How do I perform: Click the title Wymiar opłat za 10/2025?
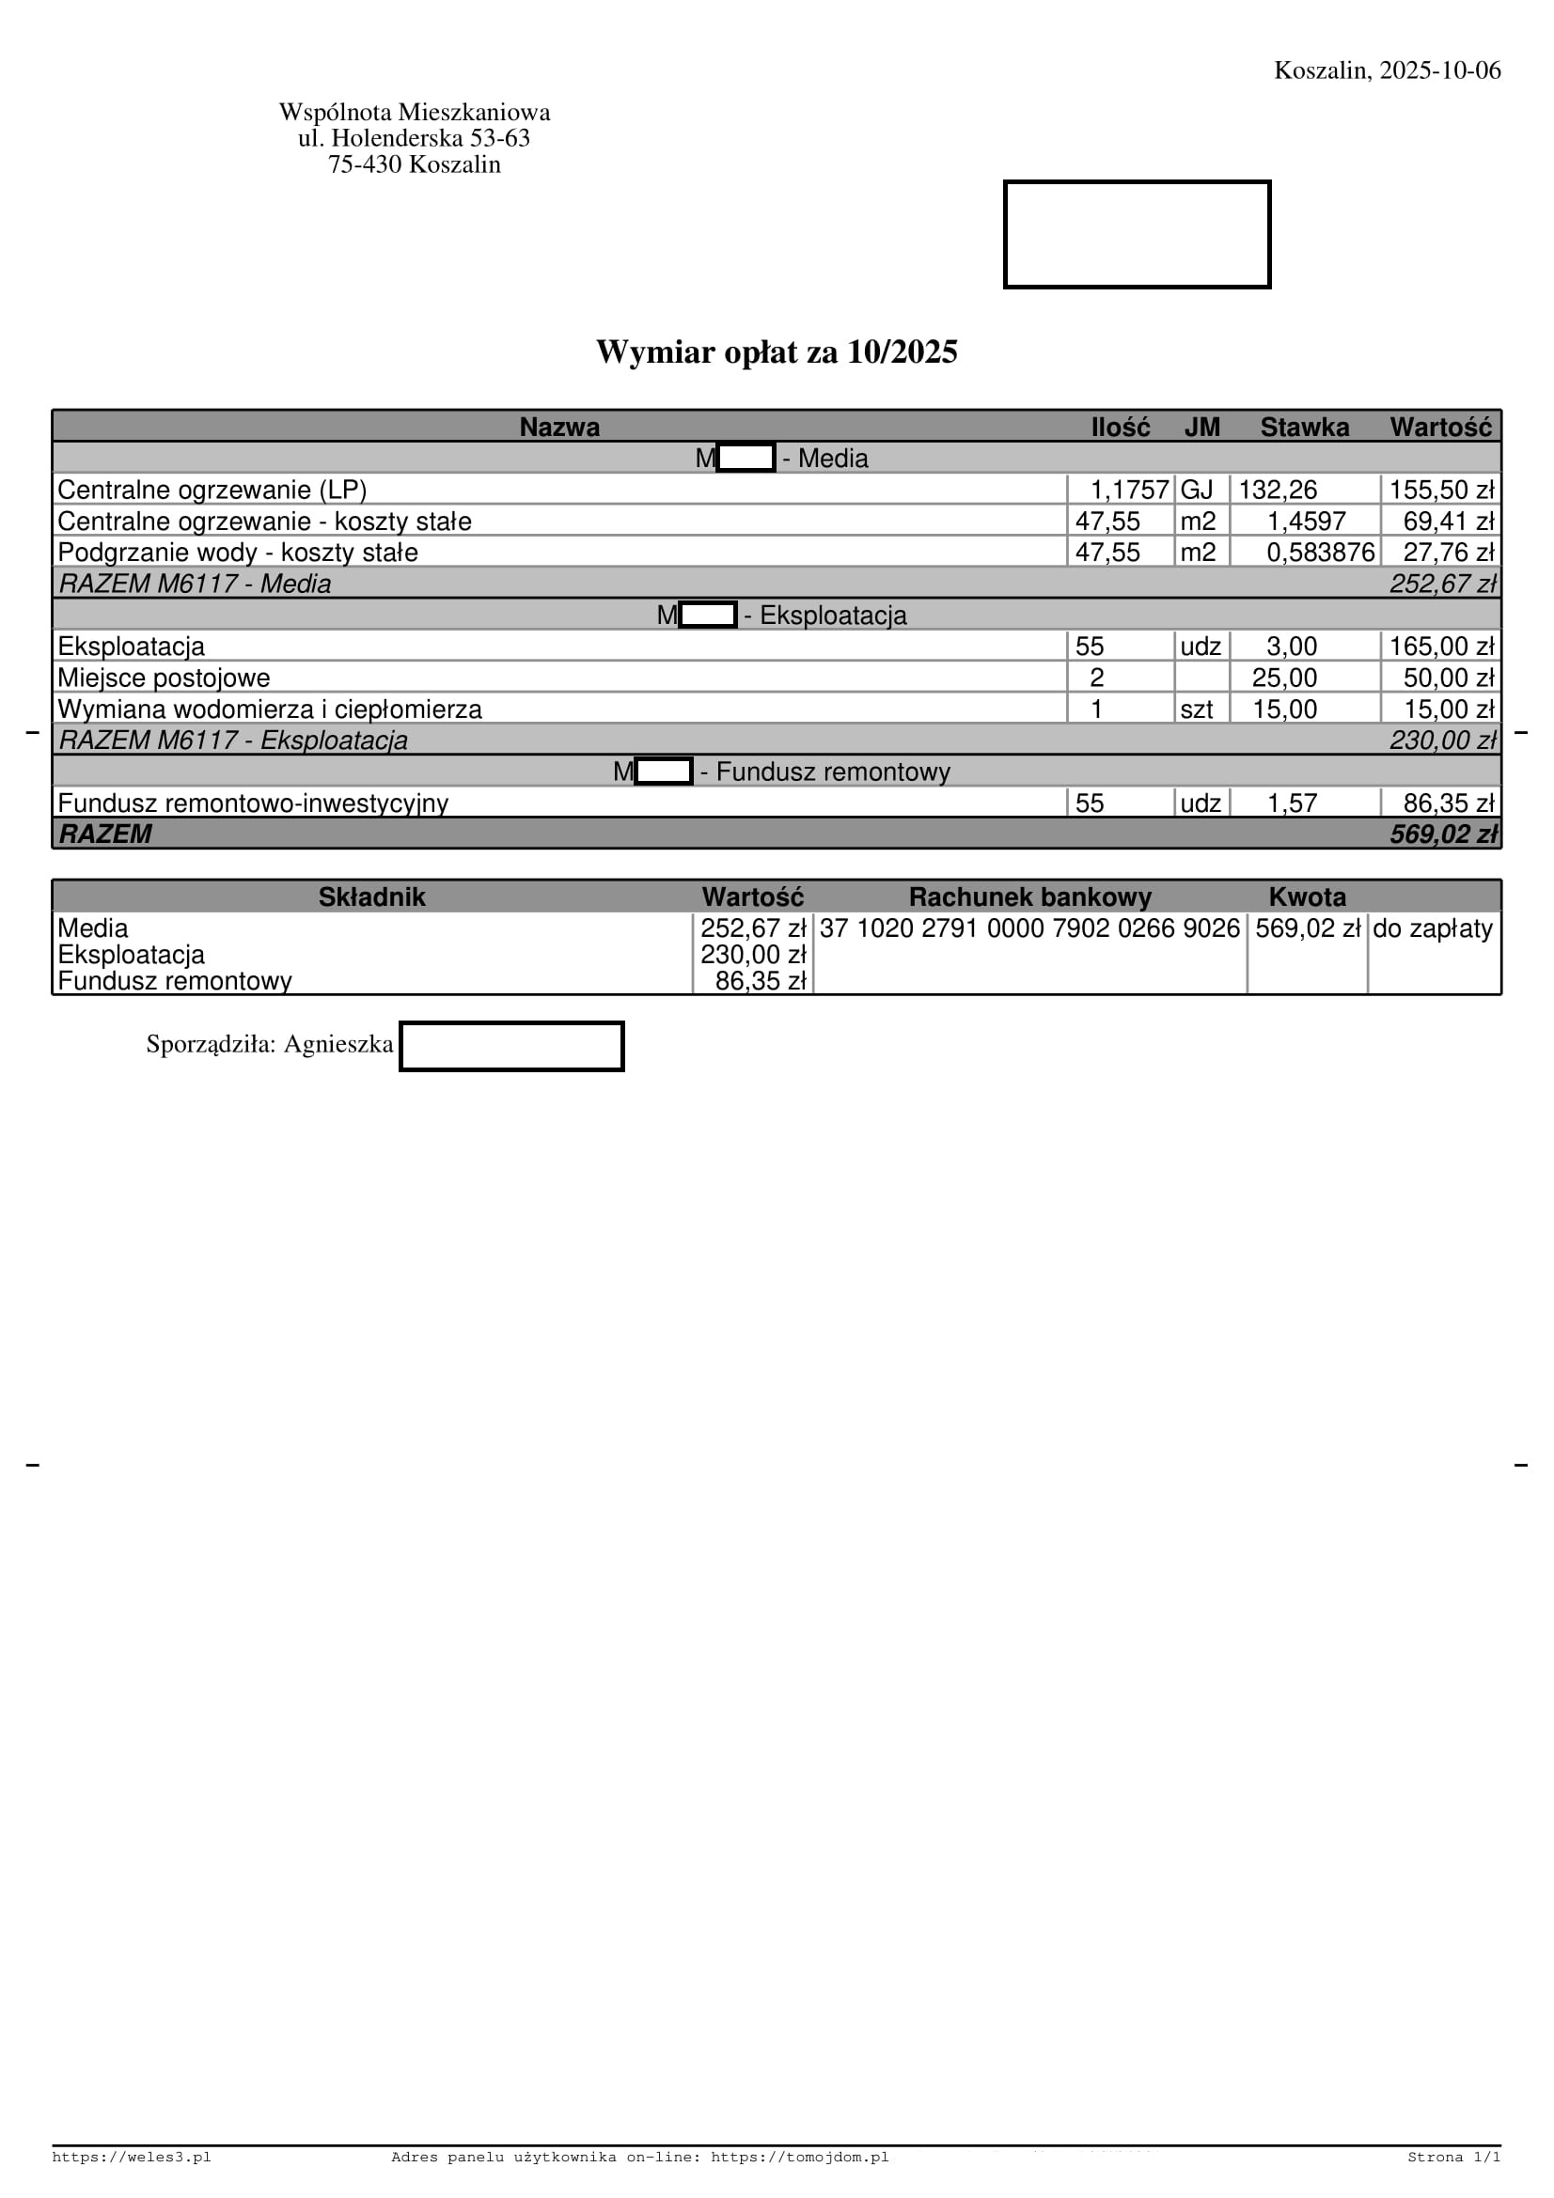(x=777, y=352)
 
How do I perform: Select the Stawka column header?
(x=1304, y=427)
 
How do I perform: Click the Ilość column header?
(x=1121, y=427)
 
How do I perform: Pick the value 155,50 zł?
(x=1441, y=491)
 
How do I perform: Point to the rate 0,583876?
(x=1320, y=553)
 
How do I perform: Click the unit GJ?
(x=1197, y=491)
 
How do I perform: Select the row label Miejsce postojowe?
(x=164, y=678)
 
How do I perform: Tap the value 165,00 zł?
(x=1441, y=647)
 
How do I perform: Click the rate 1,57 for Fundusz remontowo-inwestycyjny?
(x=1292, y=803)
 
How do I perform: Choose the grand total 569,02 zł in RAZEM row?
(x=1443, y=834)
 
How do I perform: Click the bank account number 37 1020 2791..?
(x=1029, y=928)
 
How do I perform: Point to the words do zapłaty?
(x=1433, y=928)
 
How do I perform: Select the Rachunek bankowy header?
(x=1029, y=897)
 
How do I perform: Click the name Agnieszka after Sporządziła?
(x=338, y=1044)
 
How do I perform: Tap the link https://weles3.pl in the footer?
(x=132, y=2157)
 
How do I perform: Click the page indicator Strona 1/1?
(x=1453, y=2157)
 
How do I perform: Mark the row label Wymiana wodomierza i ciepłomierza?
(x=269, y=709)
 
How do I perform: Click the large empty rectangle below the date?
(x=1137, y=235)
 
